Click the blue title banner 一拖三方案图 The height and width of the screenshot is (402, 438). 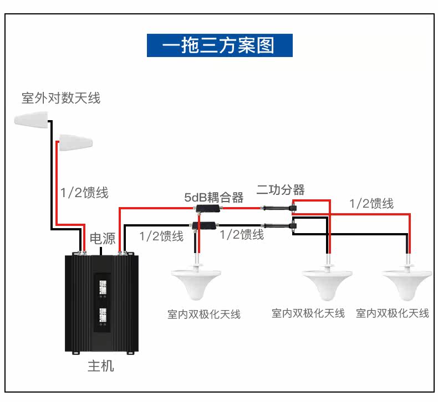point(220,45)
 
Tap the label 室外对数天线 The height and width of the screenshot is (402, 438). point(61,98)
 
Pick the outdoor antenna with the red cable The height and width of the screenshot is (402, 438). point(75,142)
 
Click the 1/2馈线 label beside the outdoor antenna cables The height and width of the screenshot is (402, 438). point(84,193)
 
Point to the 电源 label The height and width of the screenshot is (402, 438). point(103,239)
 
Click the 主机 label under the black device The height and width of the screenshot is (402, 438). point(101,366)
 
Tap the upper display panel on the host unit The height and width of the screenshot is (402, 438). point(103,287)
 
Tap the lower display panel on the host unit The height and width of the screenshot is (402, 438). point(103,315)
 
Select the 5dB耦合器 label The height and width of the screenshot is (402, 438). point(213,197)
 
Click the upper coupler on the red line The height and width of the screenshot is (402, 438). point(208,208)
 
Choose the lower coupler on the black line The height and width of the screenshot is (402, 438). point(203,225)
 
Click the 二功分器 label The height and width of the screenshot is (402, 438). point(281,190)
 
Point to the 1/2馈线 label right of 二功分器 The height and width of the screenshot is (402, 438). point(371,203)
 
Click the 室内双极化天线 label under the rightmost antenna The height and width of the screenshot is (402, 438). point(393,313)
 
